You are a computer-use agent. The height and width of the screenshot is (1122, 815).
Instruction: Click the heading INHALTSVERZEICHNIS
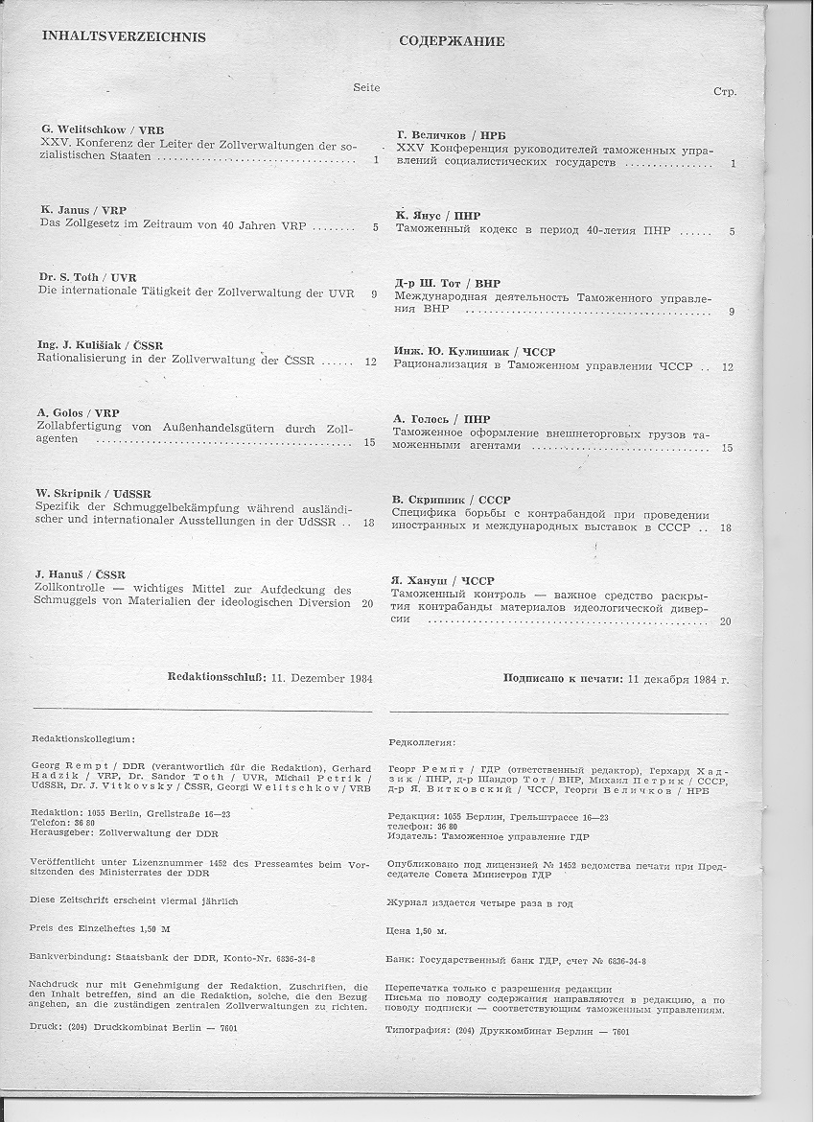tap(124, 37)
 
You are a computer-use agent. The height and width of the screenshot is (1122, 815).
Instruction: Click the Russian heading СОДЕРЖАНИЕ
tap(451, 41)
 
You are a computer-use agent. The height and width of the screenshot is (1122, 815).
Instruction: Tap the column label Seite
tap(366, 87)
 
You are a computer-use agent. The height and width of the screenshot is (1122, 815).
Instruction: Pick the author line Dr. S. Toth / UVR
tap(88, 278)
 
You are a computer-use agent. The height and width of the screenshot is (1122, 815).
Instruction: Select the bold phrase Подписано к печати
tap(563, 679)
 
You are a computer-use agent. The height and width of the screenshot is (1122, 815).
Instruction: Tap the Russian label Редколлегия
tap(423, 742)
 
